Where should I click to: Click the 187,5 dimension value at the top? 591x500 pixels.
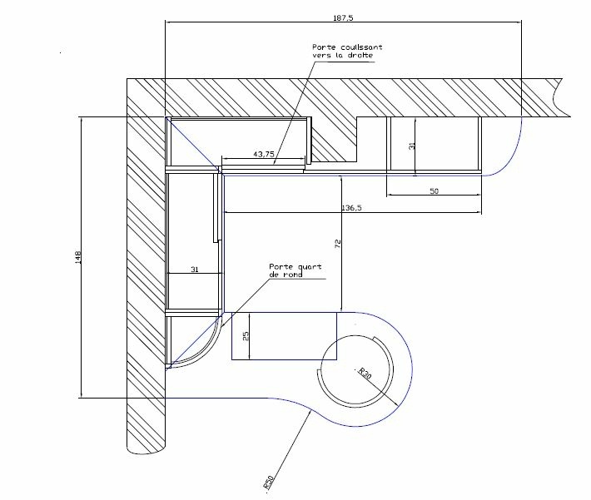click(x=343, y=17)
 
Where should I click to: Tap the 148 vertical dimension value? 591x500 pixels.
click(x=78, y=257)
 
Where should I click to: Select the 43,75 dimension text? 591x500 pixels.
click(x=264, y=154)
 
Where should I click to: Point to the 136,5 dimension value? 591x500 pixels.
click(x=351, y=208)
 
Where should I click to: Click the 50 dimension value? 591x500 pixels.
click(x=435, y=191)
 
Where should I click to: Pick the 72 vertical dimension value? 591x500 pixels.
click(x=338, y=244)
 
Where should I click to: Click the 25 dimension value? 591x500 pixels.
click(x=246, y=336)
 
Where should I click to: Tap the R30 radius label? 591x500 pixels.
click(x=365, y=373)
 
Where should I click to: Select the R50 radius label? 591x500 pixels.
click(x=268, y=483)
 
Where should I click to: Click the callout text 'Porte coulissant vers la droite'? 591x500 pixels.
click(x=347, y=52)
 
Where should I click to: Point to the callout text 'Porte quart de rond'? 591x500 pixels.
click(x=295, y=270)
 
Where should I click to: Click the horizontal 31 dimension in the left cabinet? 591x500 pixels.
click(x=195, y=270)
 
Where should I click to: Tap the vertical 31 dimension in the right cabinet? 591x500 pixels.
click(x=411, y=146)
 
